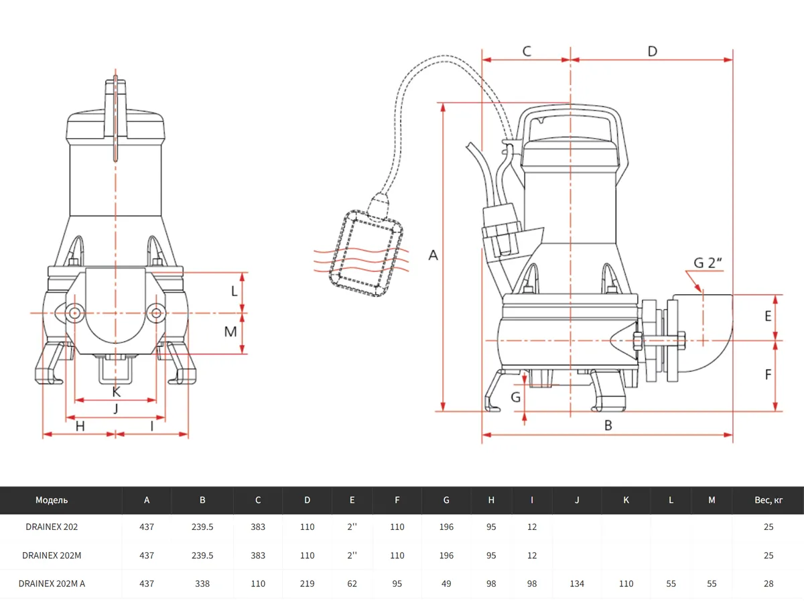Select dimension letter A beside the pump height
pyautogui.click(x=433, y=255)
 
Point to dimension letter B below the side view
pyautogui.click(x=608, y=424)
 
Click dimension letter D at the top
pyautogui.click(x=652, y=51)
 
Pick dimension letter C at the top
pyautogui.click(x=527, y=51)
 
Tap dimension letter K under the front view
pyautogui.click(x=116, y=391)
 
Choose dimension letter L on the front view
pyautogui.click(x=234, y=291)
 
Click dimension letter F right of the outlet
pyautogui.click(x=768, y=375)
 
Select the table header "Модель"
pyautogui.click(x=52, y=500)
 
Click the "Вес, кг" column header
pyautogui.click(x=768, y=500)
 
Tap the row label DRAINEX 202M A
pyautogui.click(x=54, y=584)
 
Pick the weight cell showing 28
pyautogui.click(x=768, y=584)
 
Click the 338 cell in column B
pyautogui.click(x=202, y=584)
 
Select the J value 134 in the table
pyautogui.click(x=577, y=584)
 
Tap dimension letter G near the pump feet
pyautogui.click(x=515, y=397)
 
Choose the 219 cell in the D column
pyautogui.click(x=307, y=584)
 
